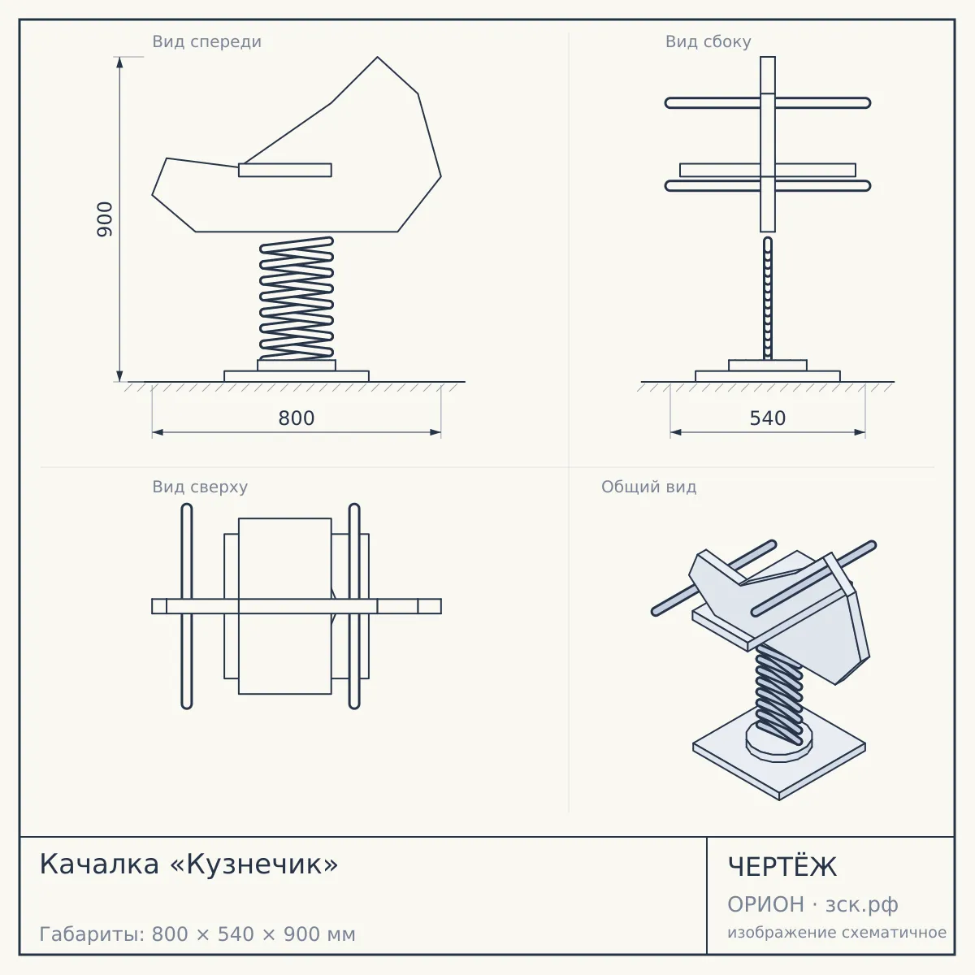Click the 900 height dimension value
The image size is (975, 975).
105,219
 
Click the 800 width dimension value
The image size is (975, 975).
297,418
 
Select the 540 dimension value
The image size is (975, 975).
768,418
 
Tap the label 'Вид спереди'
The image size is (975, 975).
207,41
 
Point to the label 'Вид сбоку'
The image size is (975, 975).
708,41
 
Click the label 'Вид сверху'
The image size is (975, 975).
200,487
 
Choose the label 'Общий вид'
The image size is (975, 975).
648,487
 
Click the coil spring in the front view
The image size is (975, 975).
297,298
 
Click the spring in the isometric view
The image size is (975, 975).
778,695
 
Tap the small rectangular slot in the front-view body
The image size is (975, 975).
285,170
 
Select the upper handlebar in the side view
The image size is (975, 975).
768,103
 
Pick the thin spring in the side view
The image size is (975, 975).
768,298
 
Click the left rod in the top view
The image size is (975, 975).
187,606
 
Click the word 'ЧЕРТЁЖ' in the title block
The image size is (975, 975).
782,867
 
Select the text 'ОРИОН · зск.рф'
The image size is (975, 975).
812,904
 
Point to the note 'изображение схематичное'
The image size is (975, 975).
837,933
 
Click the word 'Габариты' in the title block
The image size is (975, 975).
93,934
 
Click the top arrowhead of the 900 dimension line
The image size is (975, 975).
120,63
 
